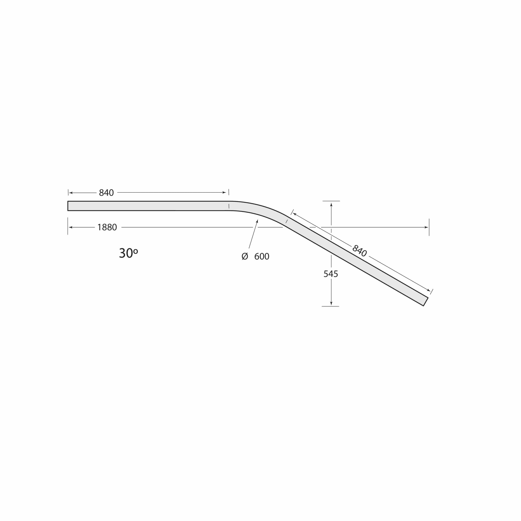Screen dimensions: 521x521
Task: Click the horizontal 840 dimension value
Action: point(106,193)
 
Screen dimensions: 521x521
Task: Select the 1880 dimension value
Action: point(107,227)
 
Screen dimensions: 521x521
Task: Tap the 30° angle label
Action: point(128,253)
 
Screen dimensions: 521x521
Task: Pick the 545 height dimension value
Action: point(331,274)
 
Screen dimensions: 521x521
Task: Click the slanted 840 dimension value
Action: point(360,251)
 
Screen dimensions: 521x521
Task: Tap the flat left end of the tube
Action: point(68,206)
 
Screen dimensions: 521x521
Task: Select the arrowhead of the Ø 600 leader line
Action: point(257,221)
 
